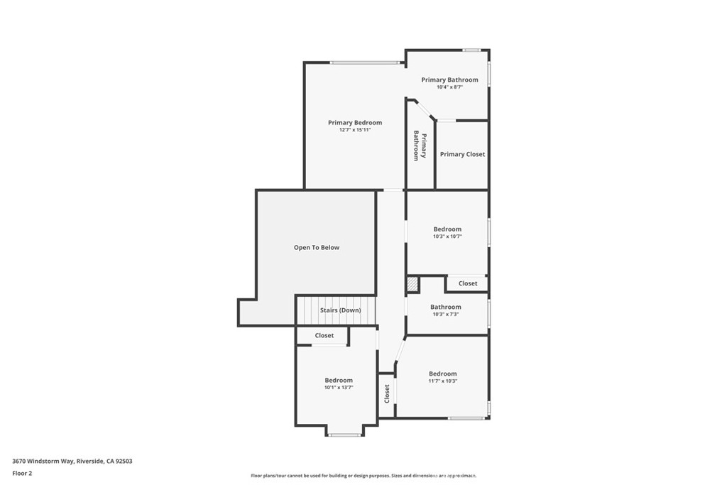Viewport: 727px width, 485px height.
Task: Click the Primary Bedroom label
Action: (x=355, y=123)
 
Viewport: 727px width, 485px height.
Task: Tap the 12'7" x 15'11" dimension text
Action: (x=355, y=130)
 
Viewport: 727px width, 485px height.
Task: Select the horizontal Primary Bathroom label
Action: (x=449, y=80)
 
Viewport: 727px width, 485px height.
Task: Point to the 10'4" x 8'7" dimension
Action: (x=449, y=87)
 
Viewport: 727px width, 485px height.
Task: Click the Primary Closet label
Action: (x=462, y=154)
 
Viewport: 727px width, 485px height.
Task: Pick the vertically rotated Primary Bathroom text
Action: (x=420, y=146)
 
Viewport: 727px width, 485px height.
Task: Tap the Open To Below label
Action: (x=317, y=248)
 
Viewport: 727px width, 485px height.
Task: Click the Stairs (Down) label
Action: (x=340, y=310)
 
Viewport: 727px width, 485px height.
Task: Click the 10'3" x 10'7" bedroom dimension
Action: (x=447, y=236)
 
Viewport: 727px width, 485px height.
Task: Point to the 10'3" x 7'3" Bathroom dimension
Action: (x=445, y=314)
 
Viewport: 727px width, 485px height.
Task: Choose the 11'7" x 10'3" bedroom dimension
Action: (x=442, y=381)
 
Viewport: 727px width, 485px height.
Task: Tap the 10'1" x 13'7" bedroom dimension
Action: (x=339, y=387)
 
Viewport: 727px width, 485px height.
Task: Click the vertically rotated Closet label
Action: (x=387, y=393)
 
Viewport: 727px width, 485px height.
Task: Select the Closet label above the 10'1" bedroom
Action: (x=324, y=335)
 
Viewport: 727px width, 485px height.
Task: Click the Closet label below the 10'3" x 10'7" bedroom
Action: (x=468, y=283)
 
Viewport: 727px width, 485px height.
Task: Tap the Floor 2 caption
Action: (x=22, y=472)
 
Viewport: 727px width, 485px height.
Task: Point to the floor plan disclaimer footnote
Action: (x=363, y=476)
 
